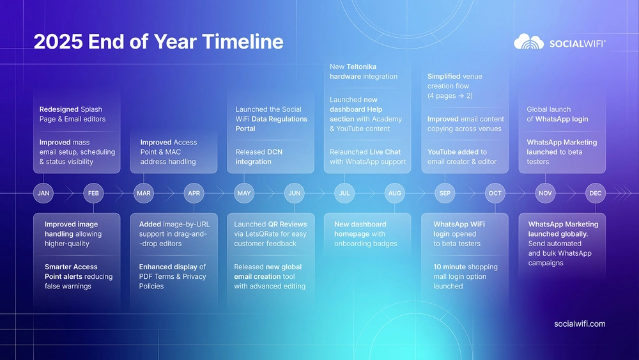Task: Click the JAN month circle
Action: pyautogui.click(x=43, y=193)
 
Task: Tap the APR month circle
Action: pyautogui.click(x=194, y=193)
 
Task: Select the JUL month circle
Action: pyautogui.click(x=344, y=193)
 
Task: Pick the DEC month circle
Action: pyautogui.click(x=596, y=193)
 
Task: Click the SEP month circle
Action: pyautogui.click(x=445, y=193)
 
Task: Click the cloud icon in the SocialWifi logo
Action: pyautogui.click(x=529, y=42)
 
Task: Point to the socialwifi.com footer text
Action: pyautogui.click(x=580, y=324)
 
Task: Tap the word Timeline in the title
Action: pyautogui.click(x=242, y=42)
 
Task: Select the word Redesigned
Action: pyautogui.click(x=59, y=109)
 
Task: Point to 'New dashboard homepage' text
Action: pyautogui.click(x=360, y=229)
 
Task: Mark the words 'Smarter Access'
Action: pyautogui.click(x=71, y=267)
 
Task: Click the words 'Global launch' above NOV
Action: pyautogui.click(x=548, y=109)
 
